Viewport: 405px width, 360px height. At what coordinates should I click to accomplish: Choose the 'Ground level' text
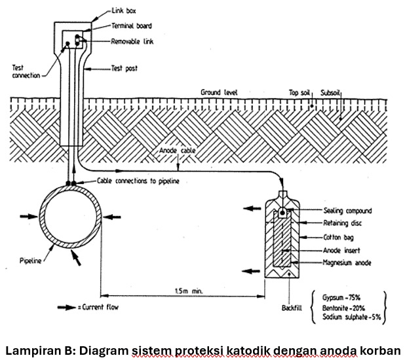tap(220, 93)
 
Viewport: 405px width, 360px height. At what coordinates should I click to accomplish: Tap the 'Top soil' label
tap(301, 93)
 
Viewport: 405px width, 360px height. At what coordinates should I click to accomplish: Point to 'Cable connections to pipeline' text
tap(138, 180)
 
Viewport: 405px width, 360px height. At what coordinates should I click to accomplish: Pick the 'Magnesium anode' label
tap(348, 262)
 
